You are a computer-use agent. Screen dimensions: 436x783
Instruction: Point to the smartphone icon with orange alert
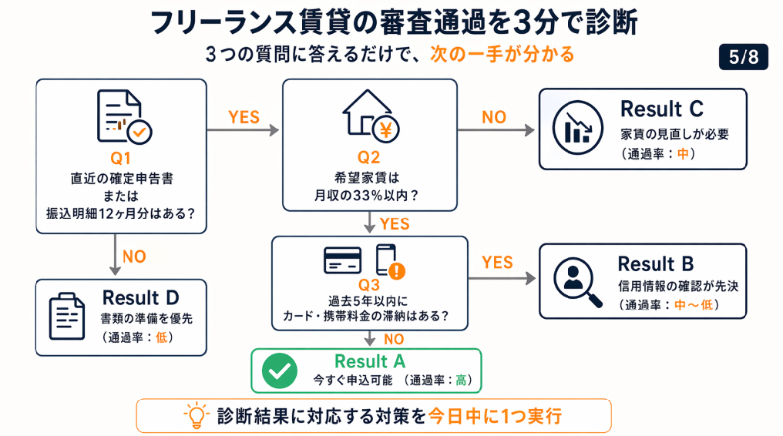click(389, 261)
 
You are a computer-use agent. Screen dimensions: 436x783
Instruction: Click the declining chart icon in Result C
click(577, 128)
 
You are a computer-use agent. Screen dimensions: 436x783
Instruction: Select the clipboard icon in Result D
click(68, 316)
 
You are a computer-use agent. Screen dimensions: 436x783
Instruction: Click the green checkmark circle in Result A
click(278, 371)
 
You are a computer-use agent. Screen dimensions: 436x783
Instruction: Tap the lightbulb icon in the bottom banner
click(196, 416)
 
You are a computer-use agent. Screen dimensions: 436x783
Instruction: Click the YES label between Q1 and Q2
click(244, 117)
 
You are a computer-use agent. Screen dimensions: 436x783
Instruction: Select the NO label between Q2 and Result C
click(494, 117)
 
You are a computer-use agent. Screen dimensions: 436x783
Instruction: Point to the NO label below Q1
click(134, 256)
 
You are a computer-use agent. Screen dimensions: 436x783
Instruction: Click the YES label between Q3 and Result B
click(497, 263)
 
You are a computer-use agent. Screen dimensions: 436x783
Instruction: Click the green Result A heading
click(370, 361)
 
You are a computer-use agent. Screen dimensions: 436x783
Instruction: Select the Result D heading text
click(141, 298)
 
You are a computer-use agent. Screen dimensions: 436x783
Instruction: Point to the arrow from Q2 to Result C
click(496, 131)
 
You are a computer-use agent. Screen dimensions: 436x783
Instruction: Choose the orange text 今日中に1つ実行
click(495, 416)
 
